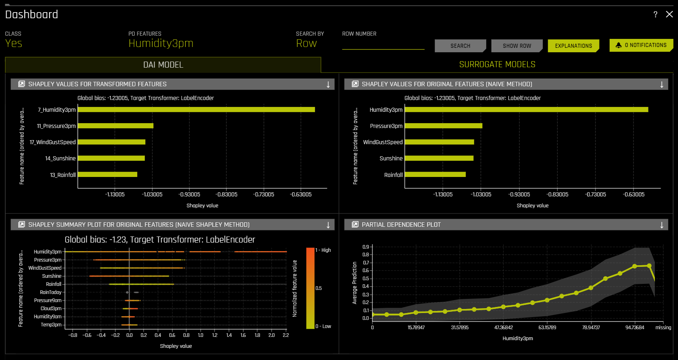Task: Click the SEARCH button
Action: click(x=460, y=46)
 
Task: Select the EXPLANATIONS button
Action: click(x=573, y=46)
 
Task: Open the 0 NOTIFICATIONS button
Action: click(x=641, y=45)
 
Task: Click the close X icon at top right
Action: click(x=669, y=14)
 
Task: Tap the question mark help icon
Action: click(x=655, y=15)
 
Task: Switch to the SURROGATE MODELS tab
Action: click(x=497, y=64)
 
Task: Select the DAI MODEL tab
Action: click(x=163, y=65)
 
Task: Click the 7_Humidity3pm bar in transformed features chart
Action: click(x=196, y=110)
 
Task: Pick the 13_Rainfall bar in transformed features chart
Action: click(x=107, y=175)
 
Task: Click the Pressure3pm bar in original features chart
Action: click(x=443, y=126)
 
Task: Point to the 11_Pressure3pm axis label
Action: click(x=56, y=126)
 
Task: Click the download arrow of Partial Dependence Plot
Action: click(x=662, y=225)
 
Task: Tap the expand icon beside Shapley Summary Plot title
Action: click(x=22, y=225)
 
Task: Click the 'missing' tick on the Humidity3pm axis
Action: click(x=663, y=328)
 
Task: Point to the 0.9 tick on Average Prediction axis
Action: click(x=366, y=247)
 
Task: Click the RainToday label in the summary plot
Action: click(x=51, y=292)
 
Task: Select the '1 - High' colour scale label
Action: click(x=323, y=250)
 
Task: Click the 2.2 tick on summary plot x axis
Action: click(x=286, y=335)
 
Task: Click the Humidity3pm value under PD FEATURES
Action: click(x=161, y=43)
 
